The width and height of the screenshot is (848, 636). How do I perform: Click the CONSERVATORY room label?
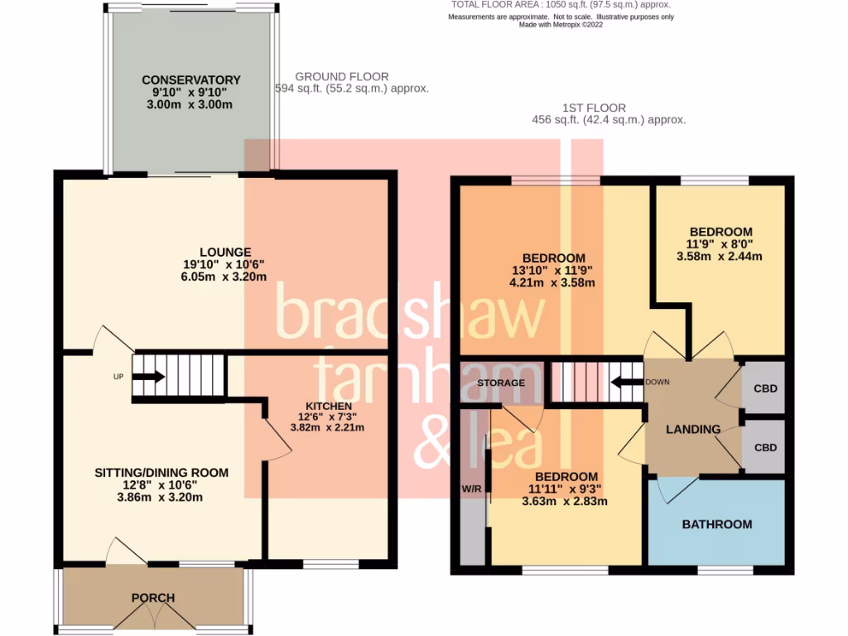pyautogui.click(x=190, y=80)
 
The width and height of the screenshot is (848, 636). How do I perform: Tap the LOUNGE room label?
pyautogui.click(x=224, y=252)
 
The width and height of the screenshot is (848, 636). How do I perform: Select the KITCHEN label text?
pyautogui.click(x=327, y=406)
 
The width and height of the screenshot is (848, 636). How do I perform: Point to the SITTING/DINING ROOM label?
pyautogui.click(x=161, y=473)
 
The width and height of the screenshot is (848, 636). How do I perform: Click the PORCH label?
pyautogui.click(x=152, y=597)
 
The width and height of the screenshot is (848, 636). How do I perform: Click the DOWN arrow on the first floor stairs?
pyautogui.click(x=626, y=383)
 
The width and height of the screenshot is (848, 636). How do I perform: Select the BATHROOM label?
pyautogui.click(x=716, y=524)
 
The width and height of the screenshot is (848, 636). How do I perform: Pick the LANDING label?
pyautogui.click(x=692, y=429)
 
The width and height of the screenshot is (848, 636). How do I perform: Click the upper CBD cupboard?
pyautogui.click(x=765, y=388)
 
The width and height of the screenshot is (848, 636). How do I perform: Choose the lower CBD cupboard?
pyautogui.click(x=765, y=447)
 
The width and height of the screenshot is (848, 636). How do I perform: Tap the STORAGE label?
pyautogui.click(x=500, y=383)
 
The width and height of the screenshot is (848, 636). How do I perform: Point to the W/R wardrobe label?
pyautogui.click(x=471, y=489)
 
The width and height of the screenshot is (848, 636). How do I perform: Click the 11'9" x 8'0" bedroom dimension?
pyautogui.click(x=720, y=244)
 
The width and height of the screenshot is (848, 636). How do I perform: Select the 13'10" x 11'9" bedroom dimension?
pyautogui.click(x=552, y=271)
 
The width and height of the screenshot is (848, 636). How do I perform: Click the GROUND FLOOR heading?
pyautogui.click(x=342, y=77)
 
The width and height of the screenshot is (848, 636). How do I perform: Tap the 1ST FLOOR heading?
pyautogui.click(x=593, y=108)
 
